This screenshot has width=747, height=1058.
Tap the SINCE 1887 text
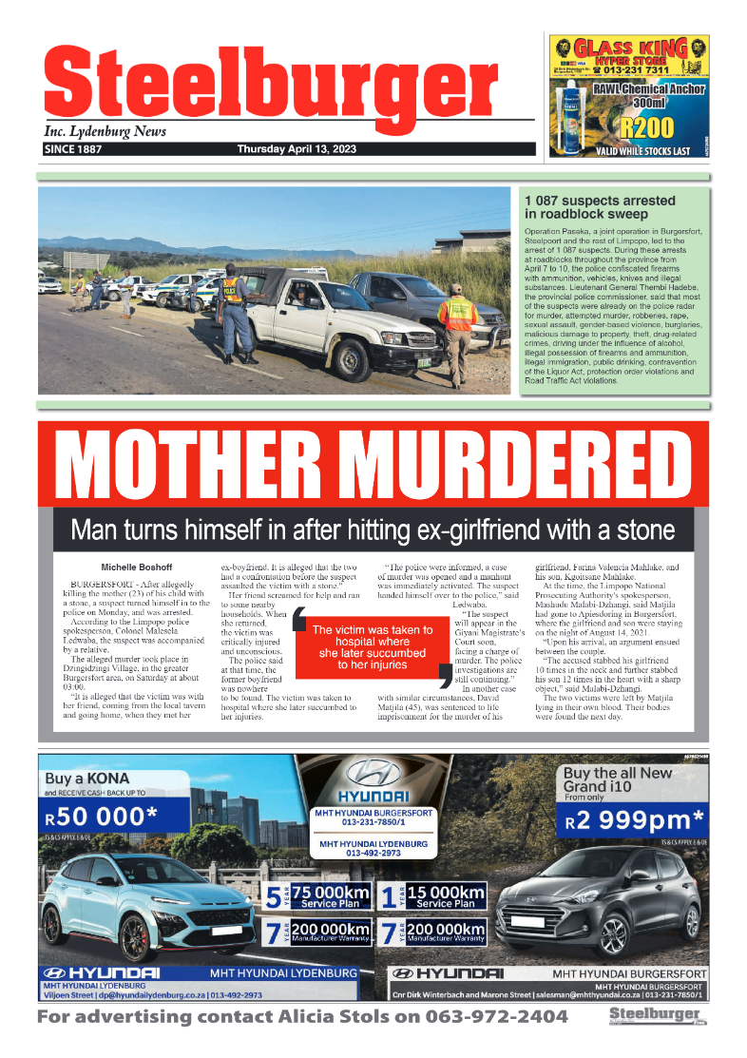[x=73, y=149]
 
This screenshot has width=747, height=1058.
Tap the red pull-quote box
[x=372, y=646]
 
